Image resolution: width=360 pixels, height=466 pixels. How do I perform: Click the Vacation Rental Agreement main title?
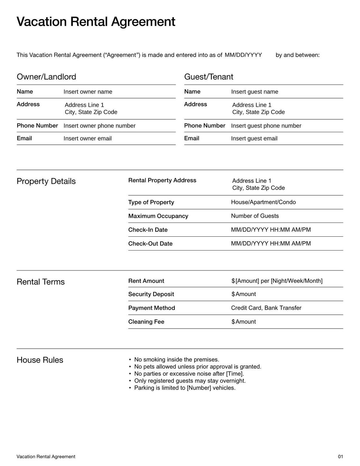coord(96,22)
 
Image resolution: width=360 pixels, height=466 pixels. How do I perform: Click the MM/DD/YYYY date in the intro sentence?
coord(243,55)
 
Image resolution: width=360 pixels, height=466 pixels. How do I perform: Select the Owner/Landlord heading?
coord(46,77)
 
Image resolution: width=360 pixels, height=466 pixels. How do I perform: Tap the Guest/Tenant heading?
coord(209,77)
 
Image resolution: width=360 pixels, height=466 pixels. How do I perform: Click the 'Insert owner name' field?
coord(88,92)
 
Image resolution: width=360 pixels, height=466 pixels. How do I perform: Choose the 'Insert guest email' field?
coord(254,139)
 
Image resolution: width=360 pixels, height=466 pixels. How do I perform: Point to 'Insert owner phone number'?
coord(99,126)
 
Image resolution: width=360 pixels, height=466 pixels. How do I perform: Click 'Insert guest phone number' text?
coord(266,126)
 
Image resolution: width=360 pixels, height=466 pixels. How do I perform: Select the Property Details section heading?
coord(46,181)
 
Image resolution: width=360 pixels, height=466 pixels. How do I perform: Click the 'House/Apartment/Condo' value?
coord(263,202)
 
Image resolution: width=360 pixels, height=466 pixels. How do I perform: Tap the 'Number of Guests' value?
coord(255,216)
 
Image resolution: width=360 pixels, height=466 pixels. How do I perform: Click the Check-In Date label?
coord(148,230)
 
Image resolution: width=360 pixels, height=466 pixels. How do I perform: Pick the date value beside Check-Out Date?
coord(271,243)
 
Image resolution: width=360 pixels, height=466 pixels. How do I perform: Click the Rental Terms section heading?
coord(40,282)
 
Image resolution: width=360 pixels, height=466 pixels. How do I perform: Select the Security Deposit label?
coord(151,294)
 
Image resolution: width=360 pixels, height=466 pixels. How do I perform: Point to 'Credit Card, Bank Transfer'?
coord(266,308)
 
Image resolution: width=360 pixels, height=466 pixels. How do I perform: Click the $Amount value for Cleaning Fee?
coord(244,322)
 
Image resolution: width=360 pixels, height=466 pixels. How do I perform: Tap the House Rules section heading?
coord(40,360)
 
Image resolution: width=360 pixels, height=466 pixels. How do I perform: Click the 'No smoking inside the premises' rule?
coord(176,360)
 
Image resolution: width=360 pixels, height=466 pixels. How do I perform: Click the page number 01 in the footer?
coord(340,457)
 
